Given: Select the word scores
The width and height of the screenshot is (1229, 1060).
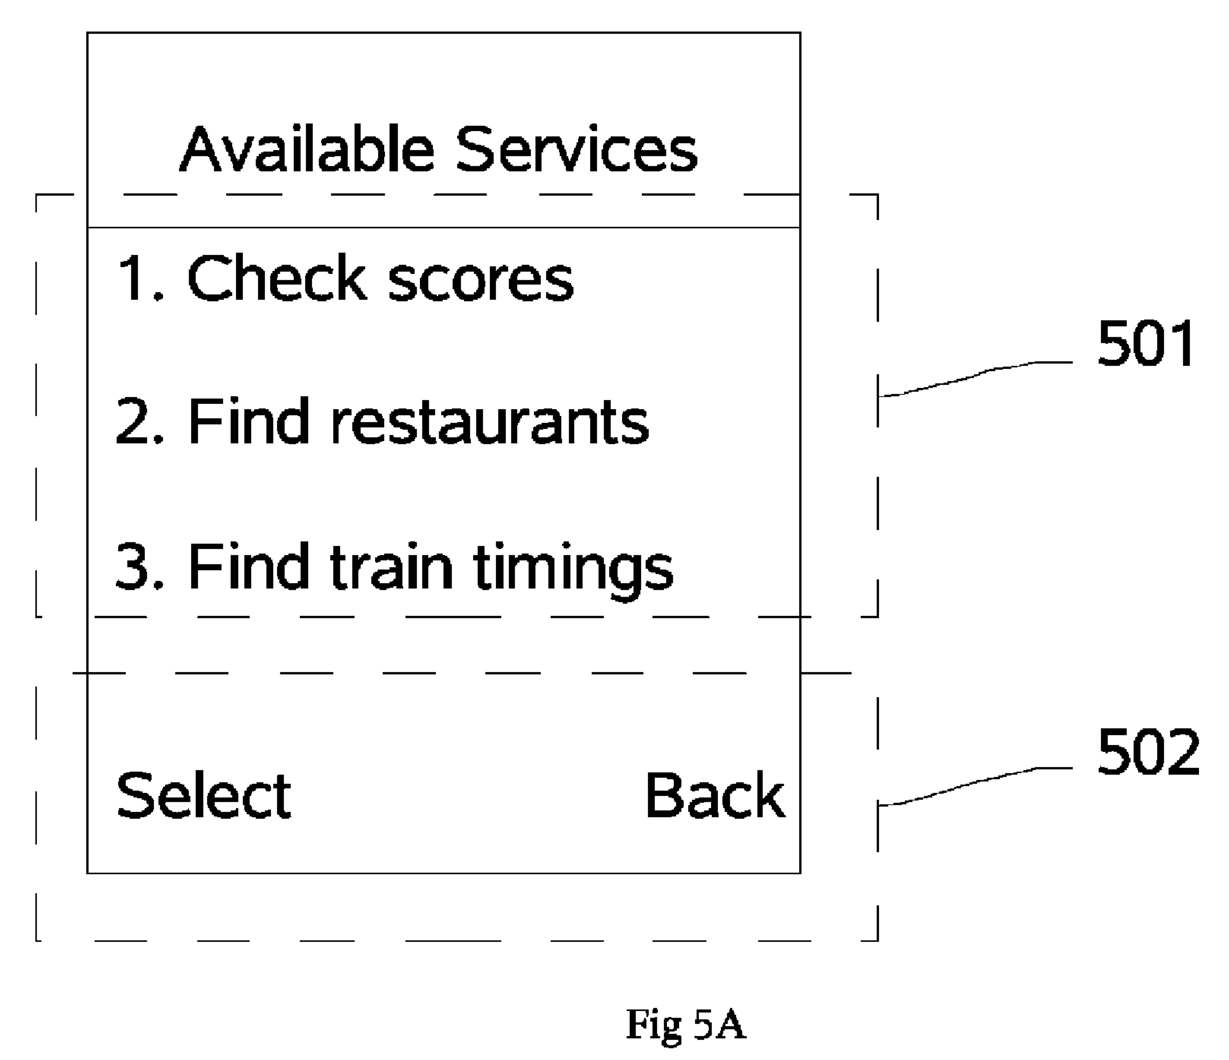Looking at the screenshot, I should pyautogui.click(x=480, y=282).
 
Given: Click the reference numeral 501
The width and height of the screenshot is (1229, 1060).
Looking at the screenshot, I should pyautogui.click(x=1145, y=344).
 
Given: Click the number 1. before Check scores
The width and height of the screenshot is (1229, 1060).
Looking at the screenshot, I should pyautogui.click(x=140, y=278).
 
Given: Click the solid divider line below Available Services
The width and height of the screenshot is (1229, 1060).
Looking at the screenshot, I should pyautogui.click(x=443, y=227).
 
